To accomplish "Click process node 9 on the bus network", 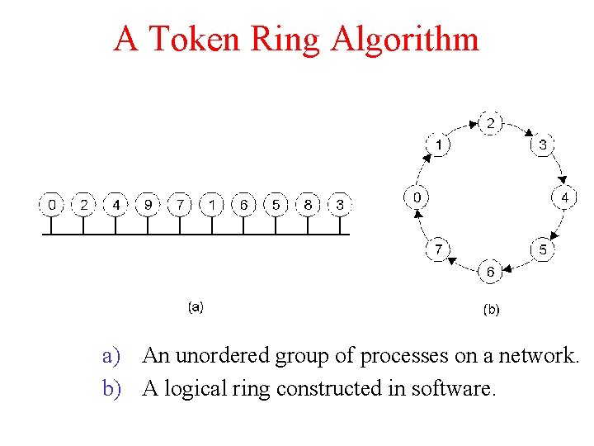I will [x=148, y=204].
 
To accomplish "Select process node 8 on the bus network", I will [x=307, y=204].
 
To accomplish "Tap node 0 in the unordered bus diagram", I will [x=52, y=204].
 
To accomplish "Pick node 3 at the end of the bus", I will [x=339, y=204].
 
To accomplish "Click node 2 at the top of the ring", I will [x=490, y=124].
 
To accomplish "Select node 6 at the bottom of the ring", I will [x=490, y=271].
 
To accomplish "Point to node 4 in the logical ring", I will [x=564, y=197].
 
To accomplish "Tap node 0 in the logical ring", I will [x=417, y=197].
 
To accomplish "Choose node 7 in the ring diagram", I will [x=438, y=249].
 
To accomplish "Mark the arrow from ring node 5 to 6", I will [x=518, y=264].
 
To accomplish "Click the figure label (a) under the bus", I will [x=196, y=306].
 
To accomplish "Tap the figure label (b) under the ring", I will [x=490, y=311].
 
